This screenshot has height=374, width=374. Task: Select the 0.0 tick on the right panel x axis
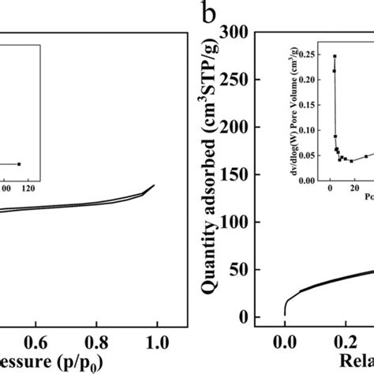point(285,343)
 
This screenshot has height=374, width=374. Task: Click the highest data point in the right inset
point(335,56)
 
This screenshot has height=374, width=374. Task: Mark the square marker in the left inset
point(19,164)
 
